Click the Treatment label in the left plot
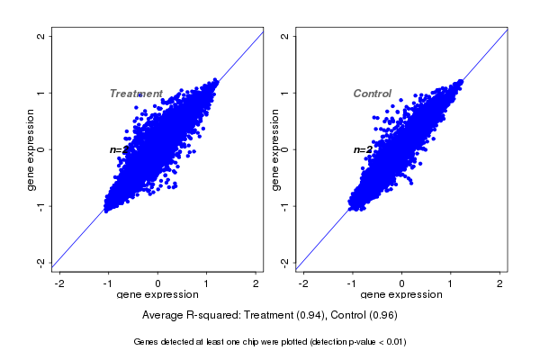[136, 94]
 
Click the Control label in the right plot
[372, 94]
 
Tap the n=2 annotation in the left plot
[117, 149]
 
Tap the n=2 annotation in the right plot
[362, 149]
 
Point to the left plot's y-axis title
[32, 149]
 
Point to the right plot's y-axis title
[276, 149]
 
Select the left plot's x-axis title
[157, 295]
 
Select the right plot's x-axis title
[401, 295]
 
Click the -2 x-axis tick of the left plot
[59, 283]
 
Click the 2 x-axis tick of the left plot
[256, 283]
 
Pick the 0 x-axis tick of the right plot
[401, 283]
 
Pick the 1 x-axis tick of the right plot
[451, 283]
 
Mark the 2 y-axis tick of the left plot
[41, 36]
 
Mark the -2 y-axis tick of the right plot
[285, 263]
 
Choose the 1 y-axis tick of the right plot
[285, 93]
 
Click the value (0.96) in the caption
[382, 315]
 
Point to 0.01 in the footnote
[392, 342]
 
